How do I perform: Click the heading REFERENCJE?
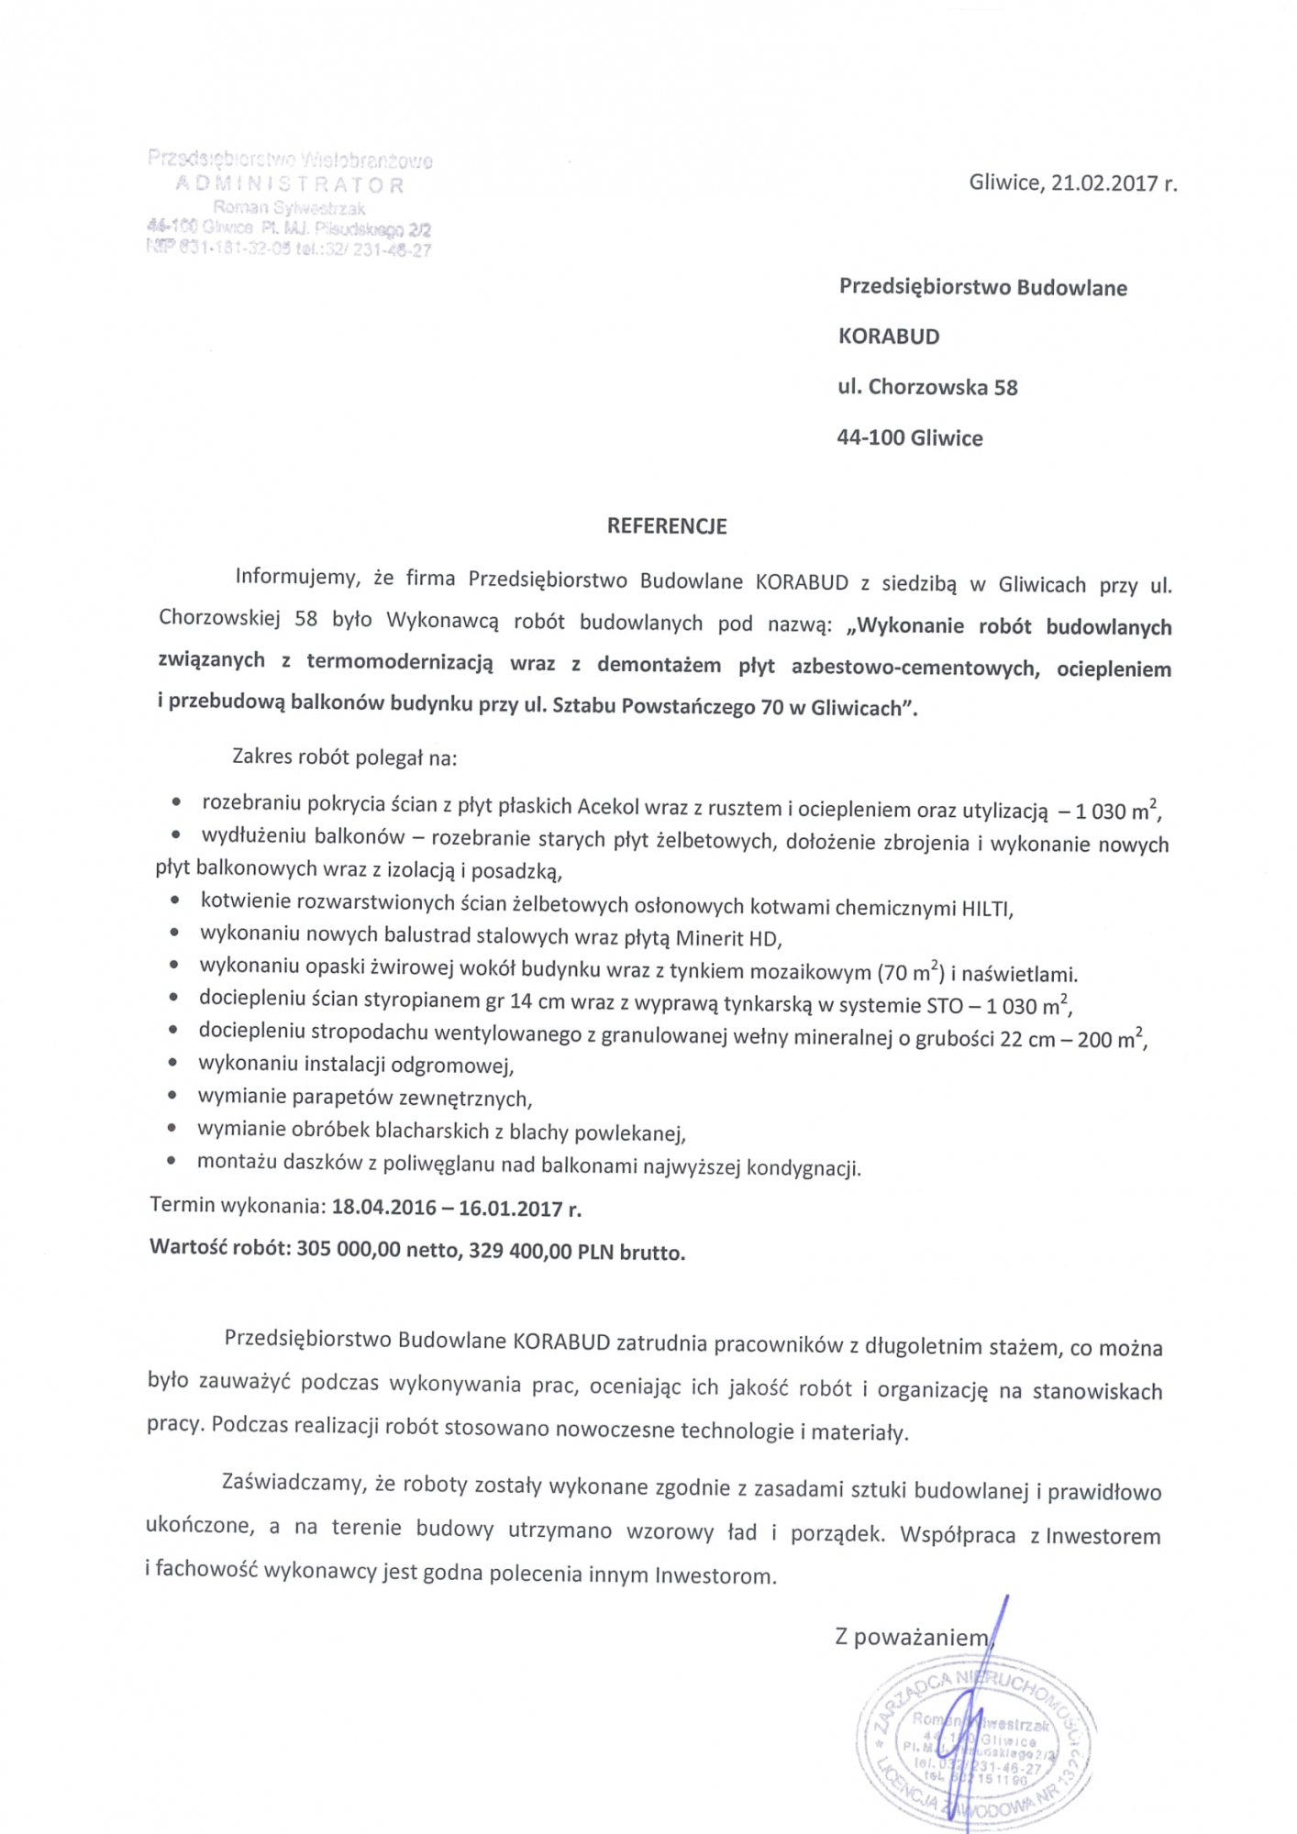pos(667,526)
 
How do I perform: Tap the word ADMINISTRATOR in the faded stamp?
pos(290,185)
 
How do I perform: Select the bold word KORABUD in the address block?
pos(889,337)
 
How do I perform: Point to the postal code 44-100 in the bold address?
pos(870,438)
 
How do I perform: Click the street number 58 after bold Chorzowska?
pos(1005,388)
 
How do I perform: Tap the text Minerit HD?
pos(727,939)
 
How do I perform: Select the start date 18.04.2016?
pos(383,1207)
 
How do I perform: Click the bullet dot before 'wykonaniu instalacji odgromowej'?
pos(173,1063)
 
